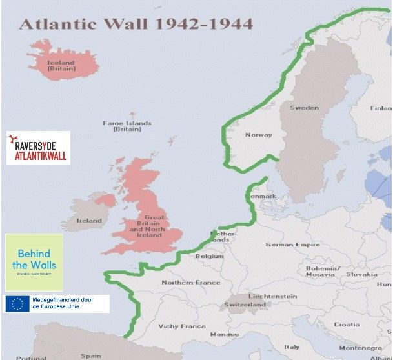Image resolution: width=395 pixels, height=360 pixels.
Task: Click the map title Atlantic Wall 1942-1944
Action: [136, 24]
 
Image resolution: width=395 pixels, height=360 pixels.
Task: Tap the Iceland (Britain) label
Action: [61, 65]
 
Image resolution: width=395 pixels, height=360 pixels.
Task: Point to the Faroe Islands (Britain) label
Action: [127, 126]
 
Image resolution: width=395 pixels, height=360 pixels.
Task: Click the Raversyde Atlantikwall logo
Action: [37, 148]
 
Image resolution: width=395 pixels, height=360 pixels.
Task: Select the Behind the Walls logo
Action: [34, 261]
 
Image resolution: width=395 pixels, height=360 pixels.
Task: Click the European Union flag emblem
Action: [17, 303]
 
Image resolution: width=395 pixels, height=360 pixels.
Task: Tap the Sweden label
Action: [303, 108]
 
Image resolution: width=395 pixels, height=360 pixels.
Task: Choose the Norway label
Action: [258, 135]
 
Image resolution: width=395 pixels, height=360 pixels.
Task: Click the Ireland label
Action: [89, 221]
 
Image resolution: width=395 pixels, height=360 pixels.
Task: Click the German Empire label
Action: [292, 245]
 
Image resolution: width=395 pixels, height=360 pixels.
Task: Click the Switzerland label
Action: [245, 305]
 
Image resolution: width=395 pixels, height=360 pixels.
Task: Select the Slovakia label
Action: [361, 274]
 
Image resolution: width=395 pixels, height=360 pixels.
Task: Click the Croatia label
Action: [347, 325]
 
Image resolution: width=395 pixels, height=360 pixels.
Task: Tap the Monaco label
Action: [224, 334]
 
